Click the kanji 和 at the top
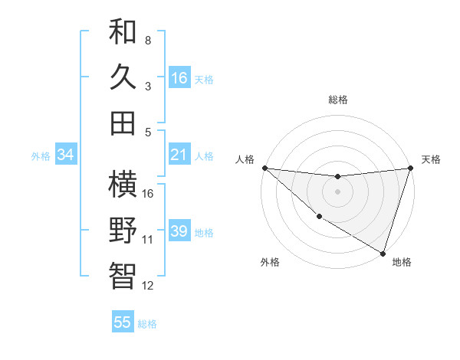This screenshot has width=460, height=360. tap(123, 32)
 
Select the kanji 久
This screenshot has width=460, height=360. tap(123, 77)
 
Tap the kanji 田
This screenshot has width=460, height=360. tap(123, 123)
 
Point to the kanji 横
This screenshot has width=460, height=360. tap(123, 185)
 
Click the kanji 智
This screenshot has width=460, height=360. tap(123, 275)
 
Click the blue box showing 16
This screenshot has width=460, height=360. tap(179, 77)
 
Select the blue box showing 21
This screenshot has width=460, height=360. tap(179, 155)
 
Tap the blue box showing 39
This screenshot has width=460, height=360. tap(179, 231)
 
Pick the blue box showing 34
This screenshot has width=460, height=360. tap(66, 155)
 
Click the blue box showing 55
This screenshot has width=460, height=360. tap(123, 322)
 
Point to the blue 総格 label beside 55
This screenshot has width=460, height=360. tap(147, 323)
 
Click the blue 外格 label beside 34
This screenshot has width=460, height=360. tap(41, 155)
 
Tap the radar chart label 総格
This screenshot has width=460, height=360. tap(337, 100)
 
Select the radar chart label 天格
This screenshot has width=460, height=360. tap(431, 159)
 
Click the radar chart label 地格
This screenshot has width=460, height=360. tap(402, 262)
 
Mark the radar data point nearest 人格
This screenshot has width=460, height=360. tap(264, 168)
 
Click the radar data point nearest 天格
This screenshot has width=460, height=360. tap(410, 168)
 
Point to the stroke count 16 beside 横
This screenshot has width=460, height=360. tap(149, 193)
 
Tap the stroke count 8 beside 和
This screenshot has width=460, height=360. tap(148, 40)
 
